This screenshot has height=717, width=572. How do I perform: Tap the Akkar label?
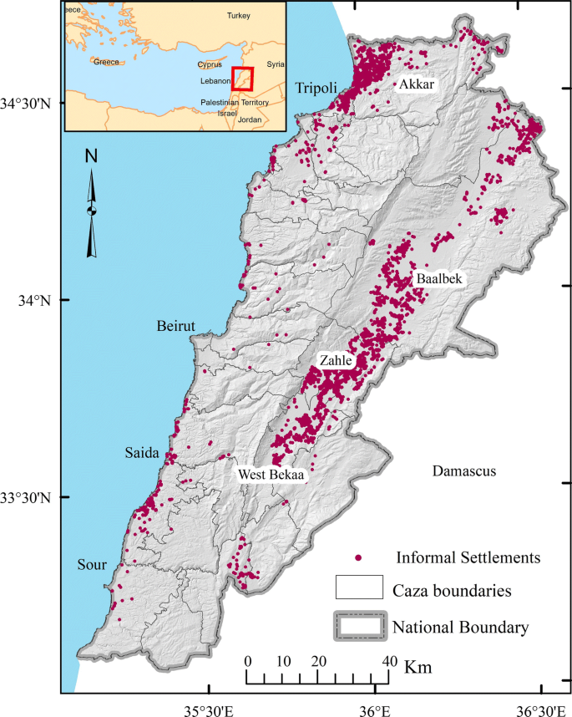click(417, 84)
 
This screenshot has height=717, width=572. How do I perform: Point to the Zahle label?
click(336, 360)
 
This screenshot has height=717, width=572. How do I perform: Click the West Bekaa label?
click(271, 474)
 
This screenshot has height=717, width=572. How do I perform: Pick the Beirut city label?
click(176, 326)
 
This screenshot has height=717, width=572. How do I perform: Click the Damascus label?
click(464, 471)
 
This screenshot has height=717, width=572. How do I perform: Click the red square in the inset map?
click(242, 78)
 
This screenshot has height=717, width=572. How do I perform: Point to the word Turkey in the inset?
click(239, 16)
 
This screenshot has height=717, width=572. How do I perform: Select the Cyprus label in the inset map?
click(210, 64)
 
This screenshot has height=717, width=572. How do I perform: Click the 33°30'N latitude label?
click(30, 498)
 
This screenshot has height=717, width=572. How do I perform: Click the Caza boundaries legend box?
click(358, 587)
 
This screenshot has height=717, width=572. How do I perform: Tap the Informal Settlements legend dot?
click(358, 557)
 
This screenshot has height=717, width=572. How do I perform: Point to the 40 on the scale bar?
click(387, 661)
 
